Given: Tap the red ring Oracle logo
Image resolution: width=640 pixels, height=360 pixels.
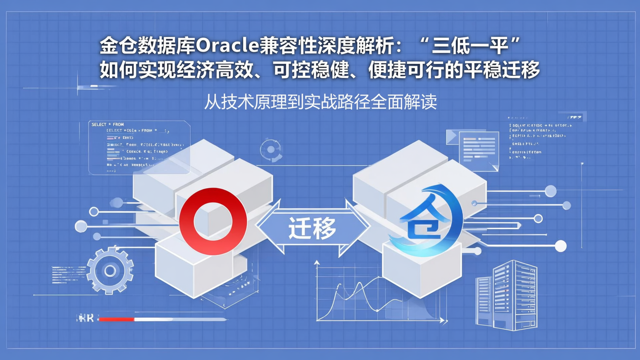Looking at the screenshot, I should pos(213,221).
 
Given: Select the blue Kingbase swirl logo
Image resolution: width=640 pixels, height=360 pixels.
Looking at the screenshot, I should pos(426,221).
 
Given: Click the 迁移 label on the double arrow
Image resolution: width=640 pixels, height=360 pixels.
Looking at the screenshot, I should pos(312,229).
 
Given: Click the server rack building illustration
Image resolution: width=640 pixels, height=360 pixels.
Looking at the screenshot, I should pos(507,296).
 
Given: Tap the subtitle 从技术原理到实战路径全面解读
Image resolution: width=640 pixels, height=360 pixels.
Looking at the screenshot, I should pos(320,102).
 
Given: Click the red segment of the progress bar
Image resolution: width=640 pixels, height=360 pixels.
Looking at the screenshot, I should pos(116,319).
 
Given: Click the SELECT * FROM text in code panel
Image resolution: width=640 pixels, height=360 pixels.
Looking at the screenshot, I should pos(108,124).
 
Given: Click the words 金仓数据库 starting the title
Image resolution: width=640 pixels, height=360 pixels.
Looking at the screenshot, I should pos(147,45).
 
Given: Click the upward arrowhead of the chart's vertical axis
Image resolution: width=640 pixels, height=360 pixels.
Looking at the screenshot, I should pos(317,263).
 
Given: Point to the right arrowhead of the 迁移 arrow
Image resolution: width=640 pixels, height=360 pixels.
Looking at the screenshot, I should pos(364,228).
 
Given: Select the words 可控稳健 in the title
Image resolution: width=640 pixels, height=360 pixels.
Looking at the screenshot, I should pos(308,70).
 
